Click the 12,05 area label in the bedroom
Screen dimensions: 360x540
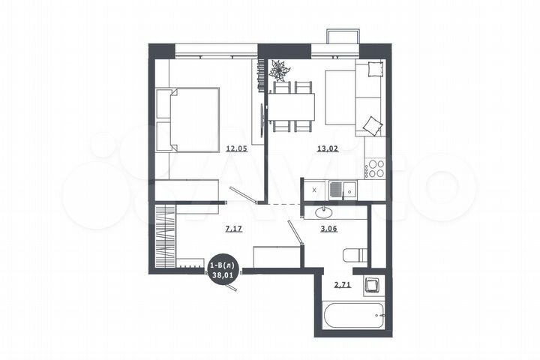(x=236, y=148)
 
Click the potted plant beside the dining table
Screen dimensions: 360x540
(x=280, y=71)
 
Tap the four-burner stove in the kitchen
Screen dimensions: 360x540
(x=374, y=168)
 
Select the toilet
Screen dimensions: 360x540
(x=354, y=256)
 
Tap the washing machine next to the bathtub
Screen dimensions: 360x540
(x=373, y=286)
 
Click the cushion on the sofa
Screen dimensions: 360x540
(x=373, y=123)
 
